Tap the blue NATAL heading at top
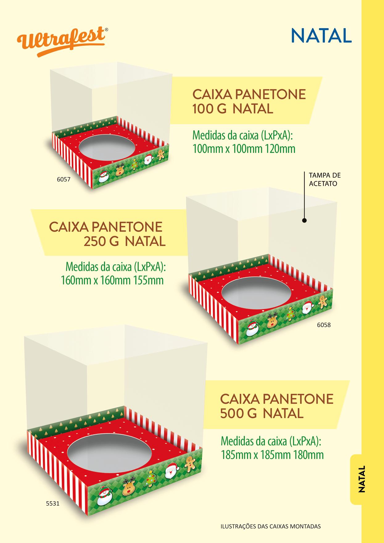click(x=321, y=36)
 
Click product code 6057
click(x=64, y=179)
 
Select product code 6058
click(x=324, y=325)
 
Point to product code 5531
click(x=52, y=503)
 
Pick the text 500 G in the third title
click(x=238, y=413)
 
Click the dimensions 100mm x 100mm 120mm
click(x=244, y=149)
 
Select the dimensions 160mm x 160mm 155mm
click(x=112, y=281)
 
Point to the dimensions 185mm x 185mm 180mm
click(x=272, y=454)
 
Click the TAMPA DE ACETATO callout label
click(x=324, y=179)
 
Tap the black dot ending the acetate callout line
click(x=304, y=220)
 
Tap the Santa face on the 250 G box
click(x=307, y=307)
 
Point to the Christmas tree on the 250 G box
click(x=290, y=314)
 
